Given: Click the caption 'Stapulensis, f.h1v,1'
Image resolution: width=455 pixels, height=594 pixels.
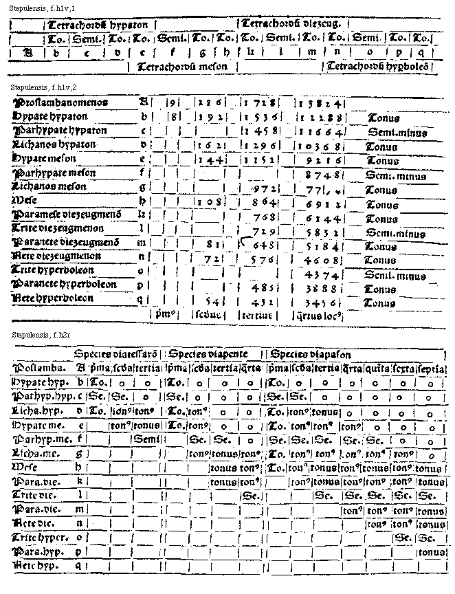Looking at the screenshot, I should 40,6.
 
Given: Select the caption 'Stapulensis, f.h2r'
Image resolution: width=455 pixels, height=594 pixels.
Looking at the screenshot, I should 36,334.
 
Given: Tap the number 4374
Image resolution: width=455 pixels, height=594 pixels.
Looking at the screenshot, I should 319,274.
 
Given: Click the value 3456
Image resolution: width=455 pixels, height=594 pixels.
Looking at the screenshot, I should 319,302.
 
